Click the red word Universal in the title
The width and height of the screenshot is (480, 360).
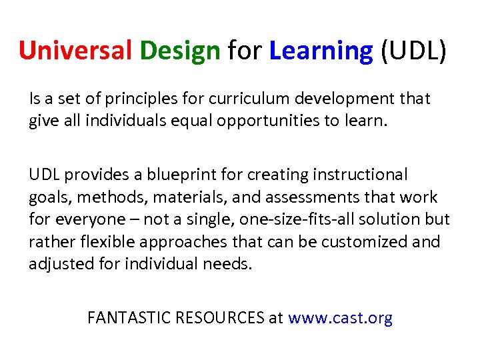coord(75,51)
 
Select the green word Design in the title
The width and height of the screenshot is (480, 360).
coord(179,51)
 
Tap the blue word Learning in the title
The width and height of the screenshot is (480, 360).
coord(321,51)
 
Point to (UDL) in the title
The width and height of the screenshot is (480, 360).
coord(413,51)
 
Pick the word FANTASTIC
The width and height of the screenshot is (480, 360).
coord(129,318)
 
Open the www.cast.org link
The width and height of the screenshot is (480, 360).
coord(340,318)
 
